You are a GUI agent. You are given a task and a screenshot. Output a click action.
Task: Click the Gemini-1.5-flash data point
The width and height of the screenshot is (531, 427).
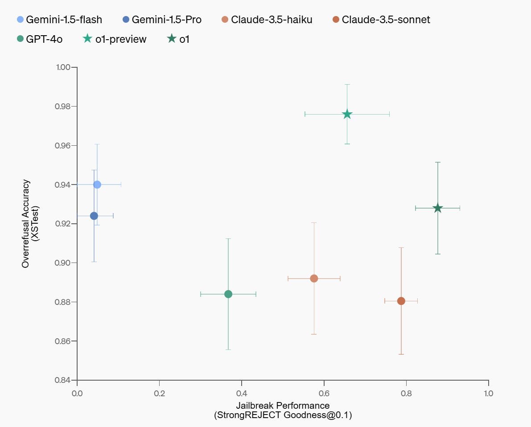click(97, 185)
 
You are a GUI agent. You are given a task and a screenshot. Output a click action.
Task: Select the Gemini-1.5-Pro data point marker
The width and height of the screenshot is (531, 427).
click(94, 216)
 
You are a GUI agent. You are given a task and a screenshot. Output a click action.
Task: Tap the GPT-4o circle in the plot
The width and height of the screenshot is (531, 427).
click(228, 294)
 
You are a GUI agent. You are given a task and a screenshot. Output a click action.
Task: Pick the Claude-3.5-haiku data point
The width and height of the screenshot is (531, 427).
click(314, 279)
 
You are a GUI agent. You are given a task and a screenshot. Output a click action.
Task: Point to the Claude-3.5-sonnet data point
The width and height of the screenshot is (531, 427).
click(401, 301)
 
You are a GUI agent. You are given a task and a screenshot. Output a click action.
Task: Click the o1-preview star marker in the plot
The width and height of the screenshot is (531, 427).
click(347, 115)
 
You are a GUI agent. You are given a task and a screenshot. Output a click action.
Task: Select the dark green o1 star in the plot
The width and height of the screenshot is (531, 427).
click(438, 208)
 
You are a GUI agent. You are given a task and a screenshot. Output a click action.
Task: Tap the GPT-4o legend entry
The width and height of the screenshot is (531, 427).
click(44, 39)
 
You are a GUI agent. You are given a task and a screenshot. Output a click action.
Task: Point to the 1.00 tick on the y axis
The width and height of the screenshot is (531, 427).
click(63, 67)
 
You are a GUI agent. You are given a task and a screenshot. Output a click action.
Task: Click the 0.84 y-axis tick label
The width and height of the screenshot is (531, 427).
click(63, 380)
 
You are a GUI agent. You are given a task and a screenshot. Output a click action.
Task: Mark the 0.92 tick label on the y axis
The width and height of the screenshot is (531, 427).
click(63, 224)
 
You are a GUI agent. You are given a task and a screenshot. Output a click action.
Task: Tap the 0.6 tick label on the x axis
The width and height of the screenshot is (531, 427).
click(324, 394)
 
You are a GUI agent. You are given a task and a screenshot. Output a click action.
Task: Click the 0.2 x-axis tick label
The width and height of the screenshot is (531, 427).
click(159, 394)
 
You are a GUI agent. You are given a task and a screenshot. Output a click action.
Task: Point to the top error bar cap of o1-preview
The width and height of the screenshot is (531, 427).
click(347, 84)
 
